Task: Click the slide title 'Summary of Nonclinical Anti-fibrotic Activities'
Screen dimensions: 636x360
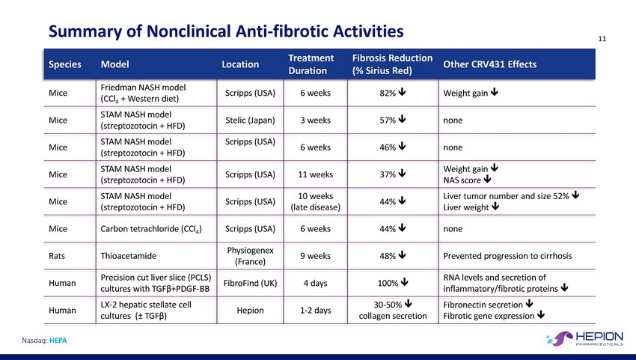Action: coord(226,31)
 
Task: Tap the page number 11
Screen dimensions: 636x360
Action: coord(602,39)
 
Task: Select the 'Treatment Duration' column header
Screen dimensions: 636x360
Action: coord(311,64)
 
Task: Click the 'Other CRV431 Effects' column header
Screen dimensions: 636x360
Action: coord(489,64)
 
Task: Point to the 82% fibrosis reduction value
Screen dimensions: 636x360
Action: coord(388,93)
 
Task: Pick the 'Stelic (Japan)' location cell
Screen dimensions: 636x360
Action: coord(250,120)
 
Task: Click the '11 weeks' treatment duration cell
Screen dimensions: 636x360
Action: coord(316,174)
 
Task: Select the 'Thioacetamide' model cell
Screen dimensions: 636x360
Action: coord(128,256)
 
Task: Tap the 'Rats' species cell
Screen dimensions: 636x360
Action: coord(57,256)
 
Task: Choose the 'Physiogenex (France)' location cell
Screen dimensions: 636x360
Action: coord(250,256)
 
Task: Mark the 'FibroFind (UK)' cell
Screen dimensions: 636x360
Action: coord(250,283)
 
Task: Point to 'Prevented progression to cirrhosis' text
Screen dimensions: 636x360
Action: coord(507,256)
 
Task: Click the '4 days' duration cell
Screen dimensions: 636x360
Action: coord(316,283)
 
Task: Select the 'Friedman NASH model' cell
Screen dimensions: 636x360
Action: coord(143,93)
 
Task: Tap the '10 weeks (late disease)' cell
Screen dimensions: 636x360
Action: coord(316,202)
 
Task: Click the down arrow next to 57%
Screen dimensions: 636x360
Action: coord(402,119)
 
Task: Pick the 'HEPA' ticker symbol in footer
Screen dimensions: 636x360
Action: coord(58,341)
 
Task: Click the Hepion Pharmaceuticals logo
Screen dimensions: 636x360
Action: coord(585,338)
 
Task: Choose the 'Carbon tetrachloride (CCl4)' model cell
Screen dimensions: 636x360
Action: coord(151,229)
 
